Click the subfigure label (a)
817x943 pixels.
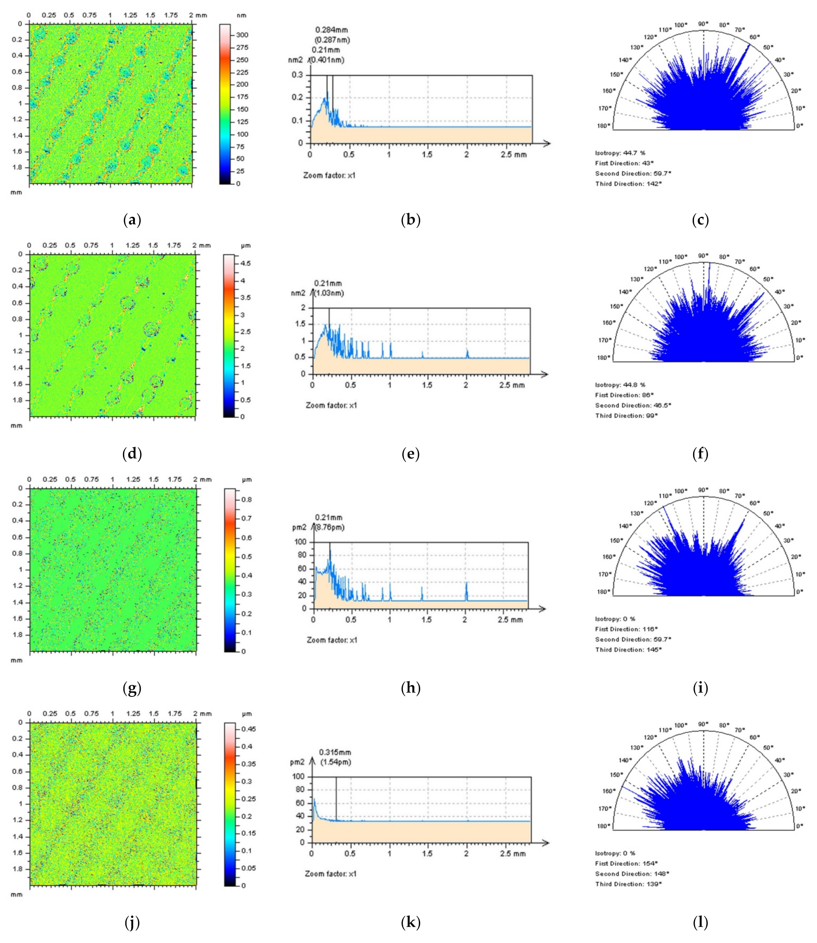[x=132, y=221]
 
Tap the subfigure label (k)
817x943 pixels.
[x=410, y=923]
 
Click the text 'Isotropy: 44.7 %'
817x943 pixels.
[x=620, y=153]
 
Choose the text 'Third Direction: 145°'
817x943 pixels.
[x=628, y=649]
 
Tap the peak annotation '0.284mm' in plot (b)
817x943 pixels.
[x=331, y=30]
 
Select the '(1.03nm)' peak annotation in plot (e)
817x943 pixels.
[x=329, y=293]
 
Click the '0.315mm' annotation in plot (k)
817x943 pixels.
[x=335, y=752]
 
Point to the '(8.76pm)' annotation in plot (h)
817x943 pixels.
[x=330, y=527]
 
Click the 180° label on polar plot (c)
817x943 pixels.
[x=605, y=126]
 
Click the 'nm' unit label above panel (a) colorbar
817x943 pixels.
[x=241, y=15]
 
